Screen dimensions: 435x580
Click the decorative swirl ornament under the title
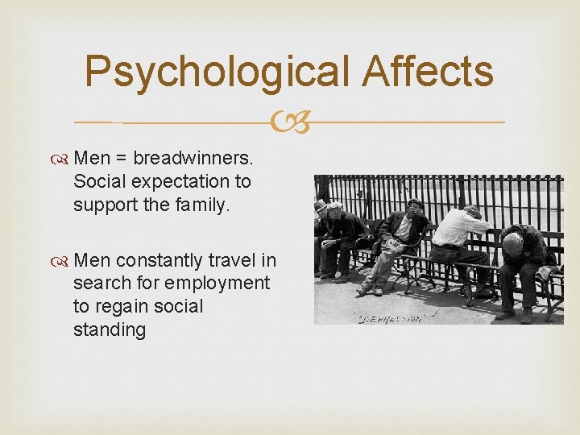[291, 123]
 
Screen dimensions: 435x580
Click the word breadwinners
[193, 158]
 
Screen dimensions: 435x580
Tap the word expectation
[171, 182]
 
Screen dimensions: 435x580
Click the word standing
[110, 330]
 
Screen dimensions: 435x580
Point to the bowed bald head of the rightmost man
[512, 244]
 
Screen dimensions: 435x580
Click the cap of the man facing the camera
[414, 203]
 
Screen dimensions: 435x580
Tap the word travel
[232, 260]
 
